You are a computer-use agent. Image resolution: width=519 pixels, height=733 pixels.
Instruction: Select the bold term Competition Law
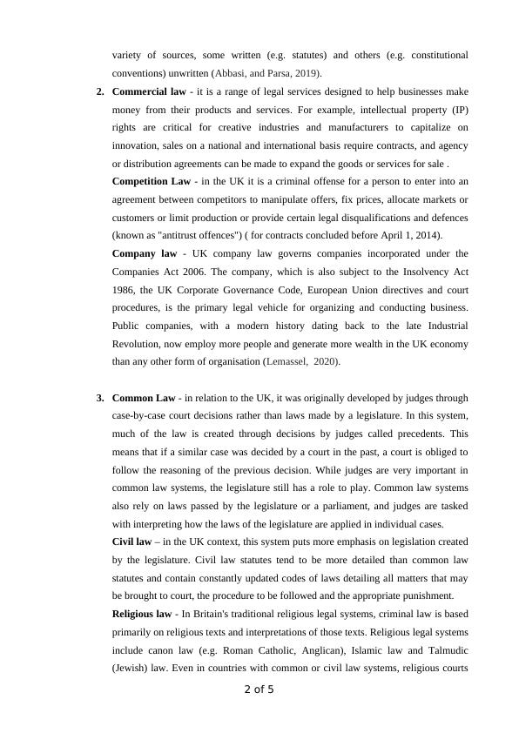(152, 181)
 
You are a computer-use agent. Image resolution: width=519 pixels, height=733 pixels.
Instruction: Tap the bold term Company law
(145, 253)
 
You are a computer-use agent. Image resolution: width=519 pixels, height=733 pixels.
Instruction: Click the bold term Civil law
(132, 542)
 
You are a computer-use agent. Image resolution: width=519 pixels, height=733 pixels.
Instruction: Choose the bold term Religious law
(144, 615)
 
